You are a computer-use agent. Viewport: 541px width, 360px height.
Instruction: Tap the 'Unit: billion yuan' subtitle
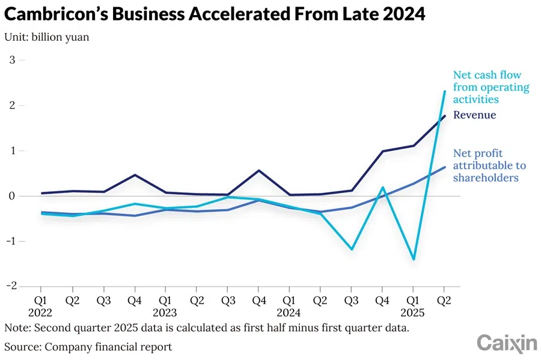click(47, 37)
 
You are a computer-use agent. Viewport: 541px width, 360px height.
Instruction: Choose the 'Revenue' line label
click(474, 115)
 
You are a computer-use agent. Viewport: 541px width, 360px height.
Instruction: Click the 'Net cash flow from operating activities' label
click(491, 87)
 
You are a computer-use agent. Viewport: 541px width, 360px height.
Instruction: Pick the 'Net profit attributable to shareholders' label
click(489, 165)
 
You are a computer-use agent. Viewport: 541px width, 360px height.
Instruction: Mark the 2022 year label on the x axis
click(40, 313)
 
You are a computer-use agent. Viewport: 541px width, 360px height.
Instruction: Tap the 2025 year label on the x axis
click(413, 313)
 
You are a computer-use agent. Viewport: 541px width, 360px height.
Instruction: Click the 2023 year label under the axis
click(165, 313)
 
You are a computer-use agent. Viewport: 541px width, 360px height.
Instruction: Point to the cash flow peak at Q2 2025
click(444, 91)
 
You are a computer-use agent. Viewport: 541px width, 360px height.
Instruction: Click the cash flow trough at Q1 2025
click(414, 259)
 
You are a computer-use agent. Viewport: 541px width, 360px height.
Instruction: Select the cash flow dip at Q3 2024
click(352, 249)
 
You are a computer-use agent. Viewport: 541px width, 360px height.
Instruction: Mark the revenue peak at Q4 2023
click(258, 171)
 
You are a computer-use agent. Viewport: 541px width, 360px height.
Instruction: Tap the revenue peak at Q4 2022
click(135, 175)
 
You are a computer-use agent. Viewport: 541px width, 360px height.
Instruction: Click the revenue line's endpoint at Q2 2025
click(444, 116)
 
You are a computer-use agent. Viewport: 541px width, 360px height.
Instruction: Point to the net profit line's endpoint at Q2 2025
click(444, 167)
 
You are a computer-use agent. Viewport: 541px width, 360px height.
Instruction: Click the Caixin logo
click(506, 343)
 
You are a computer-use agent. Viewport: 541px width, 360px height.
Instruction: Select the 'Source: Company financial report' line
click(88, 347)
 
